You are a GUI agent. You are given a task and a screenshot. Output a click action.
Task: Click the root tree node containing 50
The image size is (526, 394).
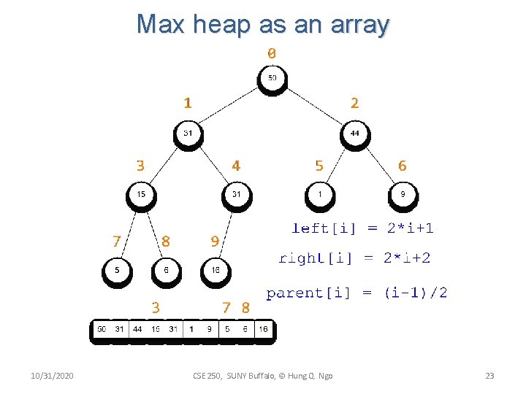272,79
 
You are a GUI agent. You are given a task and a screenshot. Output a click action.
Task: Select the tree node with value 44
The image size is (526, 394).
355,134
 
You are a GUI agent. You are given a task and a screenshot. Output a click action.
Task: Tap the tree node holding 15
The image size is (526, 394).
141,195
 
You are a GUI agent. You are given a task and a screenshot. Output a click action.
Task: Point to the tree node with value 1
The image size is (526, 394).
320,195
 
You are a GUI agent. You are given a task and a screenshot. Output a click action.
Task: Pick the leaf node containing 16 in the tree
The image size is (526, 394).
216,271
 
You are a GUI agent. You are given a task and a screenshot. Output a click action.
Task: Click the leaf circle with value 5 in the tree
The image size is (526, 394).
117,271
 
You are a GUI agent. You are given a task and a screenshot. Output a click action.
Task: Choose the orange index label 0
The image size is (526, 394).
272,53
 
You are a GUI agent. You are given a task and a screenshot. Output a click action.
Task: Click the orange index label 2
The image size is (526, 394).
354,103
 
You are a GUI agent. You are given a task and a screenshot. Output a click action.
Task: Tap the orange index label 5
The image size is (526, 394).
319,166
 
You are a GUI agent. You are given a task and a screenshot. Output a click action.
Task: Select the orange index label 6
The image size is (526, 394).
403,166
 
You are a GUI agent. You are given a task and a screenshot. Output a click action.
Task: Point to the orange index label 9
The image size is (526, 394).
214,241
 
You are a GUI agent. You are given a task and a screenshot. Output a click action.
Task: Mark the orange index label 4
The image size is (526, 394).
236,166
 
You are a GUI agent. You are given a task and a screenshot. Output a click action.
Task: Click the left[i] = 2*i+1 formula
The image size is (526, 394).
362,228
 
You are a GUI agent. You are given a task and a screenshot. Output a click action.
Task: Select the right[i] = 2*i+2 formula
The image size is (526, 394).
354,258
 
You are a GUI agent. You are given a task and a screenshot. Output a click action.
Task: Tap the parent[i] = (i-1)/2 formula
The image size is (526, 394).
357,293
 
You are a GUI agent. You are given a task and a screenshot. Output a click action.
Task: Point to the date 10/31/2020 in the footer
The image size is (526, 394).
52,375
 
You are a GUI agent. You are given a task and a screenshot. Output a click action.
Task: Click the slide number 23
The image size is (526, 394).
489,375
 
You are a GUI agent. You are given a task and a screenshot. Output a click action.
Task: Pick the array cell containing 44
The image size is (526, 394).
137,329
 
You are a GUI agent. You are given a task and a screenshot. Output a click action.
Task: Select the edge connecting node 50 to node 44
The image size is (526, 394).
314,107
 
